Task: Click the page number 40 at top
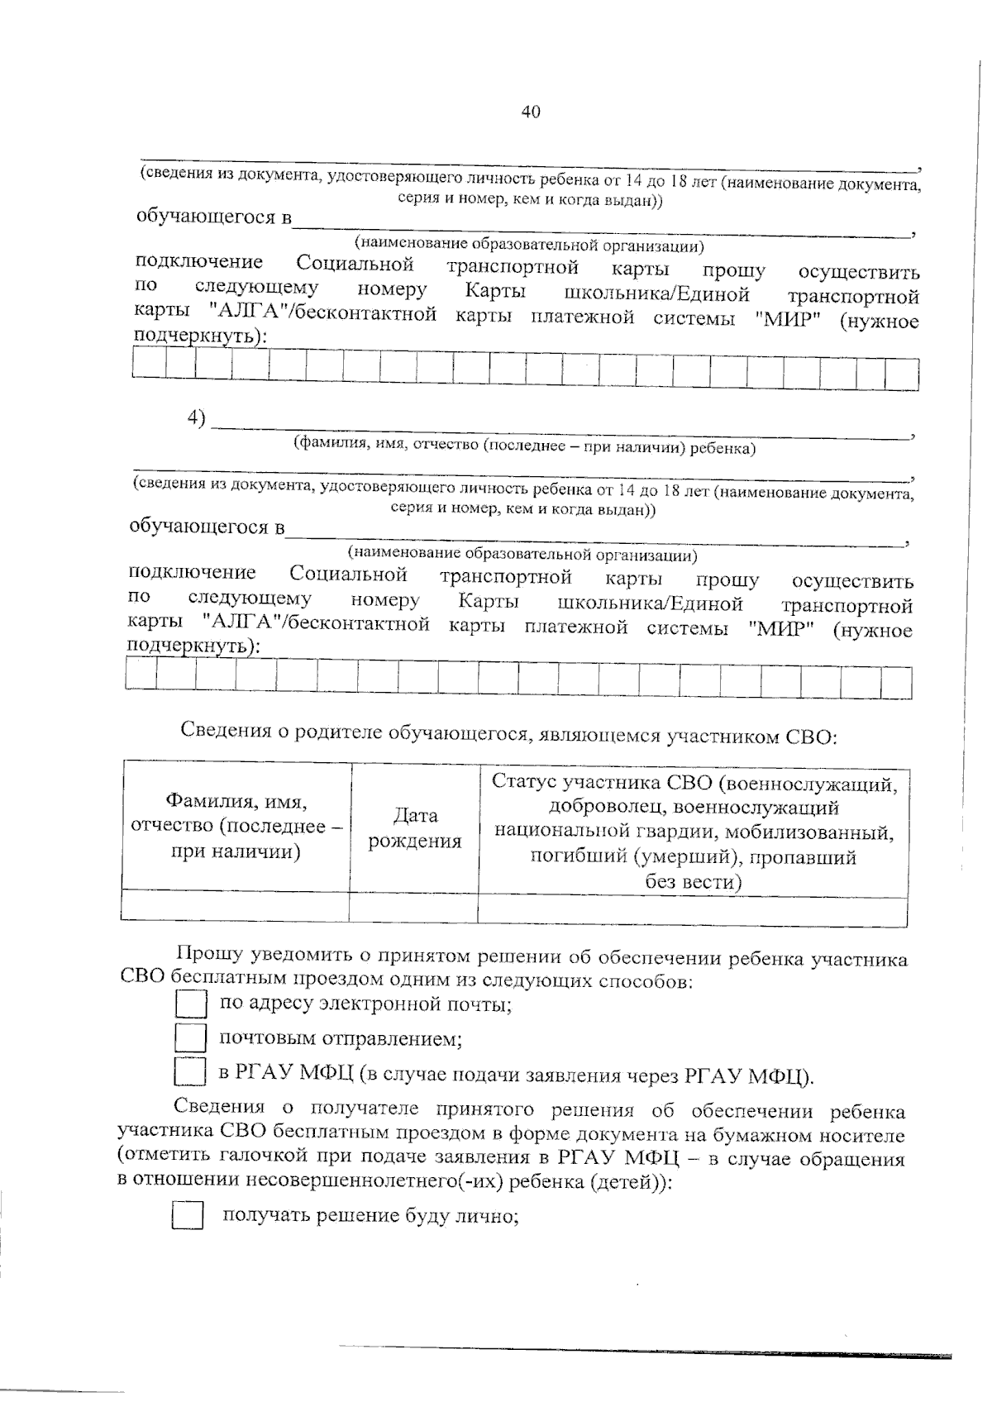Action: click(531, 112)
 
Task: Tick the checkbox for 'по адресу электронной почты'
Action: click(191, 1004)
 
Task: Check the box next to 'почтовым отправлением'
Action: click(191, 1037)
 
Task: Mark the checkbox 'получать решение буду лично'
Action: click(188, 1216)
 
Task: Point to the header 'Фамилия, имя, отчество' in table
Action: click(236, 826)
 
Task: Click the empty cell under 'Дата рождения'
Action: click(414, 907)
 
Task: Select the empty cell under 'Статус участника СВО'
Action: click(693, 908)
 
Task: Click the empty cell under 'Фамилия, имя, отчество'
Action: click(236, 906)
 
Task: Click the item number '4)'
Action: click(196, 418)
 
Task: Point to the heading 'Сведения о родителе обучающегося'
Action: click(508, 732)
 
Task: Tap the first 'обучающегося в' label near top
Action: click(214, 218)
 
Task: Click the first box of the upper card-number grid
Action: click(149, 368)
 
